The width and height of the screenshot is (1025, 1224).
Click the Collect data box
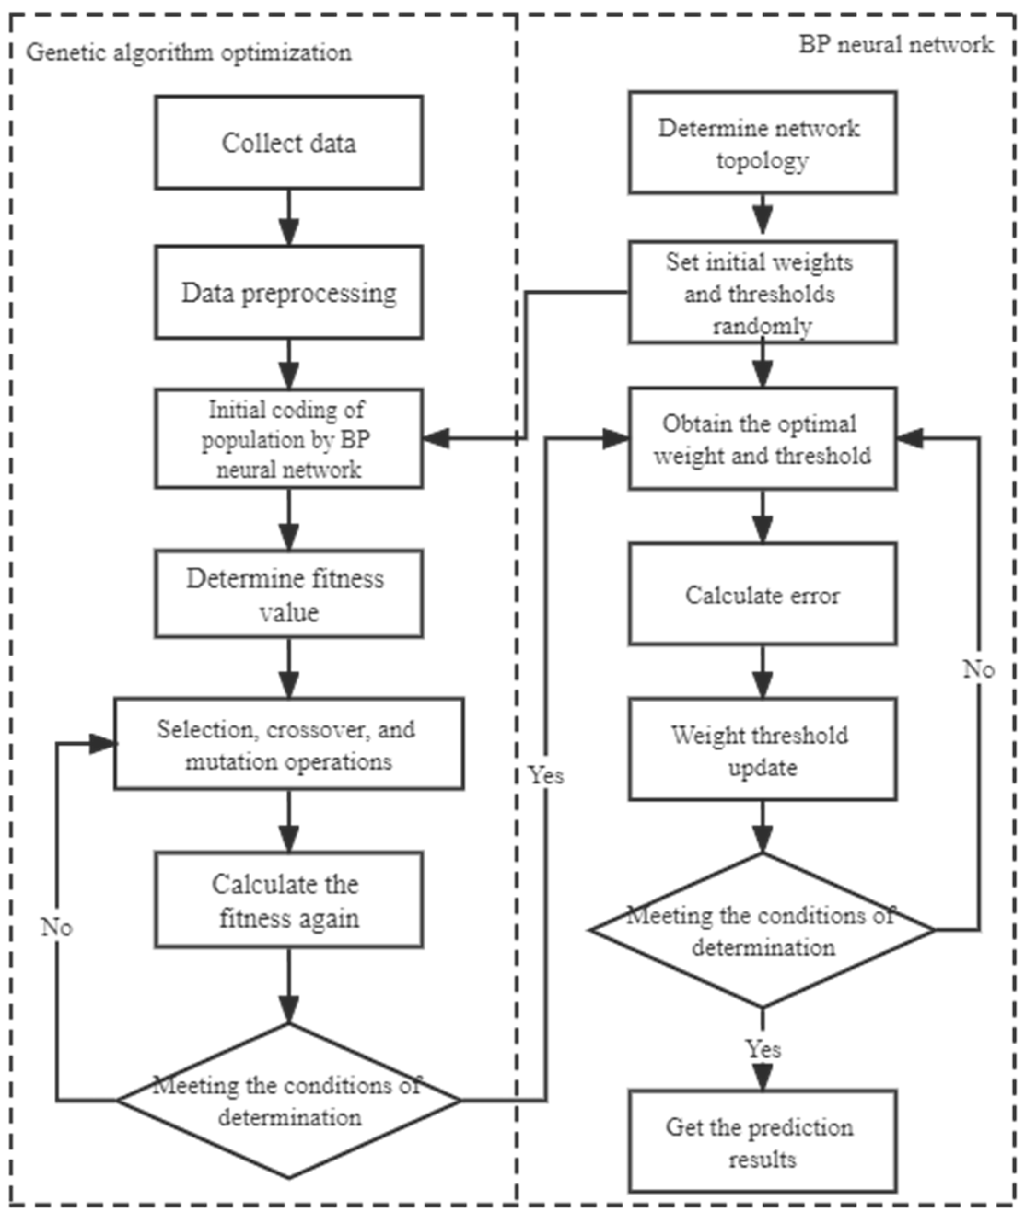coord(289,143)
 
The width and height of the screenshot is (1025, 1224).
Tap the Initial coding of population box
coord(289,439)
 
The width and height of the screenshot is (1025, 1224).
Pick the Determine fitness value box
coord(289,594)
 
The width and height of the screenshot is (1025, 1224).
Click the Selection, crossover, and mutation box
coord(289,744)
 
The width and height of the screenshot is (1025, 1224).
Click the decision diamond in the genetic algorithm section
coord(289,1101)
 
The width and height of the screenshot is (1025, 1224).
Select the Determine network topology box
coord(762,143)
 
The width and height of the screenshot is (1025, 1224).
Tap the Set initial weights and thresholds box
coord(762,293)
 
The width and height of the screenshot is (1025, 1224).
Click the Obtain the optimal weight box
coord(762,439)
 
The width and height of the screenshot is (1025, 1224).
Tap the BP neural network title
coord(896,44)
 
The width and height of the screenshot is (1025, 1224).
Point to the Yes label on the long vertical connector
coord(546,775)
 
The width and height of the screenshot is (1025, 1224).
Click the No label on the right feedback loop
coord(978,670)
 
